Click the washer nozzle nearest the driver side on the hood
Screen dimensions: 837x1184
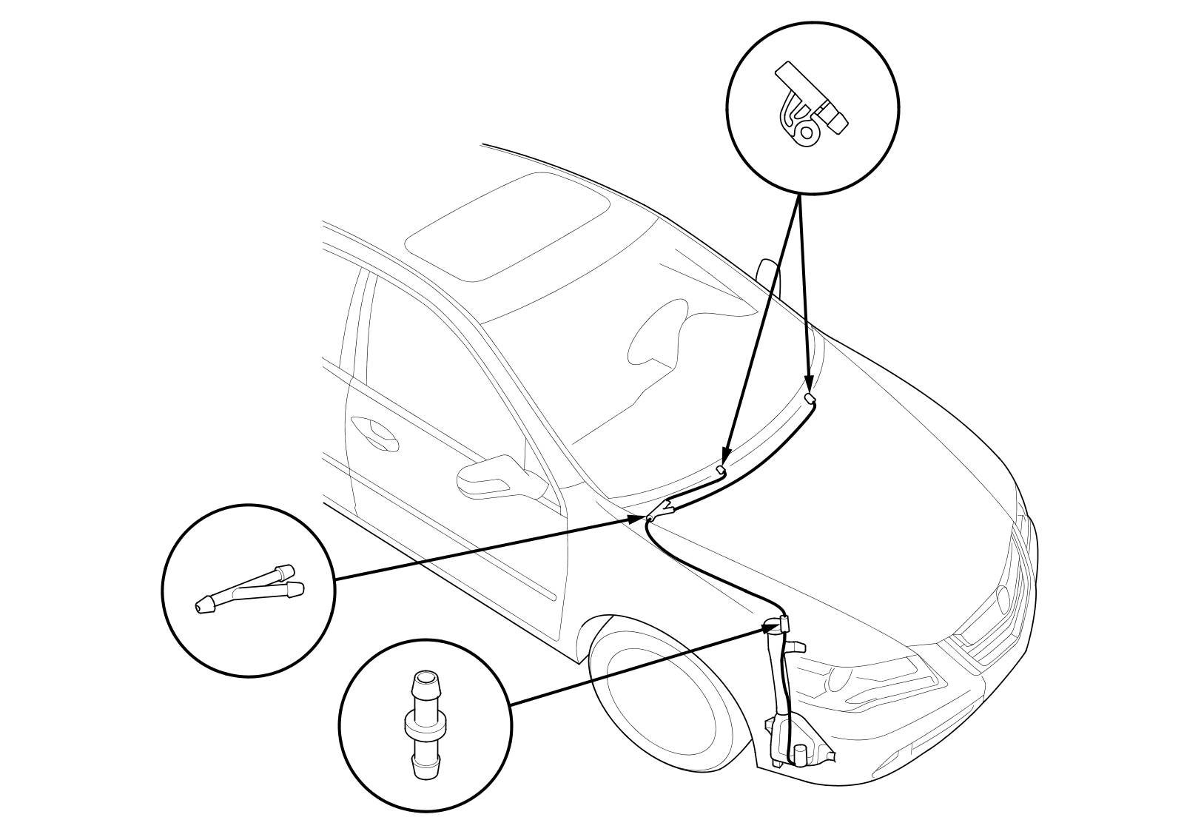[x=721, y=470]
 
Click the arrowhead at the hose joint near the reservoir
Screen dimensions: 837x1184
[x=770, y=628]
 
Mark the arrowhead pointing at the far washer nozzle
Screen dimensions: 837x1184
[x=810, y=385]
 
